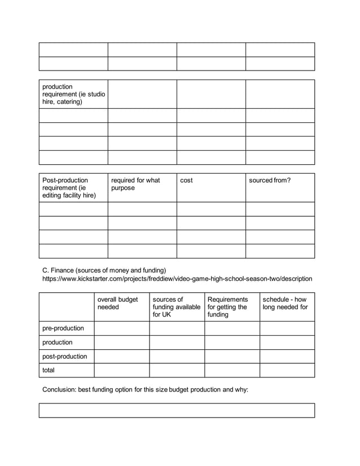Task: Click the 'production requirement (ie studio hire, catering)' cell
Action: point(73,94)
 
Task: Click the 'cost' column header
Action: point(186,181)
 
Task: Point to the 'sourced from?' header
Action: point(270,181)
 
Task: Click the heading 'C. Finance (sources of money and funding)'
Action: point(104,270)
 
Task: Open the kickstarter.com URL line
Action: point(177,279)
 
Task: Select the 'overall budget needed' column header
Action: point(118,303)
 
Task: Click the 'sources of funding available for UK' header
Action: point(176,307)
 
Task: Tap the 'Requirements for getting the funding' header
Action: point(228,307)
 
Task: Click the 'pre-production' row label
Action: point(63,328)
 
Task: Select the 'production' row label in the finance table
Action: point(58,342)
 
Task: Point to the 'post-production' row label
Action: point(65,357)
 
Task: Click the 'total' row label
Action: point(49,370)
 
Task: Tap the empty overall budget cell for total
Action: point(121,370)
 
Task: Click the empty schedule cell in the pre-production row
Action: point(287,328)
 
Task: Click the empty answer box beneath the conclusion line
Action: point(177,410)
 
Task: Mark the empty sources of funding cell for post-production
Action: point(177,357)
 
